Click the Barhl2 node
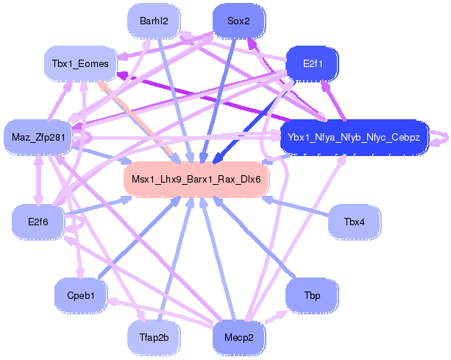click(x=153, y=21)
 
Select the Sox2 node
click(x=238, y=21)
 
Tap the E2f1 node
click(x=310, y=64)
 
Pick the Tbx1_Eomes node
click(x=80, y=64)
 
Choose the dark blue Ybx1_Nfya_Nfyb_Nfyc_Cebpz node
click(x=354, y=137)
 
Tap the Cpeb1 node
click(x=81, y=294)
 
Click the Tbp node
click(x=311, y=294)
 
